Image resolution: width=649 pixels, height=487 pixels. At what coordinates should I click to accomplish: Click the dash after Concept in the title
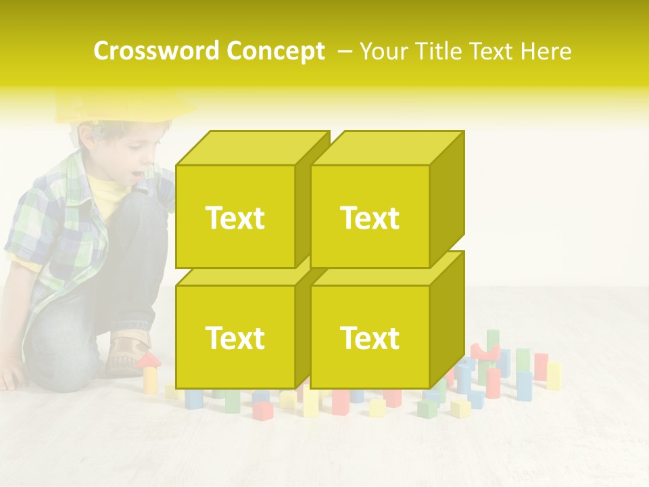coord(343,51)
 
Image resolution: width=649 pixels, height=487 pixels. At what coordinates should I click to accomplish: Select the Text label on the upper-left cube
coord(235,218)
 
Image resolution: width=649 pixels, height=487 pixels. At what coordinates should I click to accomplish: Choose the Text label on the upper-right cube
coord(370,218)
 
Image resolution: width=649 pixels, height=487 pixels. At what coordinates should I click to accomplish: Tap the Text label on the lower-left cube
coord(235,338)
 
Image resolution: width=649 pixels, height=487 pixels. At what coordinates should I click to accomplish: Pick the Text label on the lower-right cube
coord(370,338)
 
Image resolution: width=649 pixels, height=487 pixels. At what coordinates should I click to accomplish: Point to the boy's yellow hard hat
coord(122,107)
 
